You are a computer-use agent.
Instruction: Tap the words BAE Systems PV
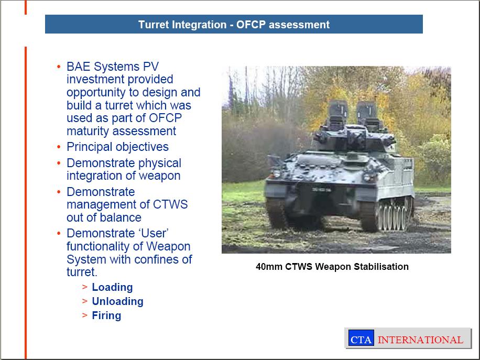(x=113, y=67)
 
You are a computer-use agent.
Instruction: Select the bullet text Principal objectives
(x=117, y=147)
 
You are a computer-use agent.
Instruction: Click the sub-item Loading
(x=112, y=288)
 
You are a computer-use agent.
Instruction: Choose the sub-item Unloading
(x=117, y=301)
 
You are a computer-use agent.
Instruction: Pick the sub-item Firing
(x=106, y=315)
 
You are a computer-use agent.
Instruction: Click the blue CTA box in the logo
(x=361, y=338)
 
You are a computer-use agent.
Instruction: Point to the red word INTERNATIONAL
(x=420, y=340)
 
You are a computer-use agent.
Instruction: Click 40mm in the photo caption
(x=269, y=267)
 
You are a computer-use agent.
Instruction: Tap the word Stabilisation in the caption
(x=381, y=267)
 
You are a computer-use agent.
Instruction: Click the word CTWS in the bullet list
(x=170, y=204)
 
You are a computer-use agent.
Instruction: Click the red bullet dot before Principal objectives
(x=59, y=147)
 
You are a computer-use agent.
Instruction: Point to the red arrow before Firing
(x=85, y=315)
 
